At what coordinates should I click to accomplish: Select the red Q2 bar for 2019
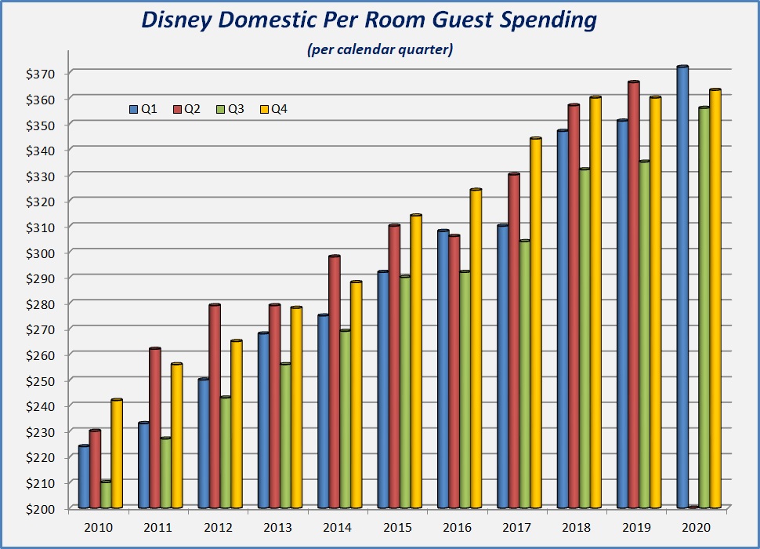tap(634, 295)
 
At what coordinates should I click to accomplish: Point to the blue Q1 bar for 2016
tap(443, 369)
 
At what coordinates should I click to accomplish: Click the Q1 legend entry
tap(144, 109)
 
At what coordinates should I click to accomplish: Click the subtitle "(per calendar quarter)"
tap(380, 50)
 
